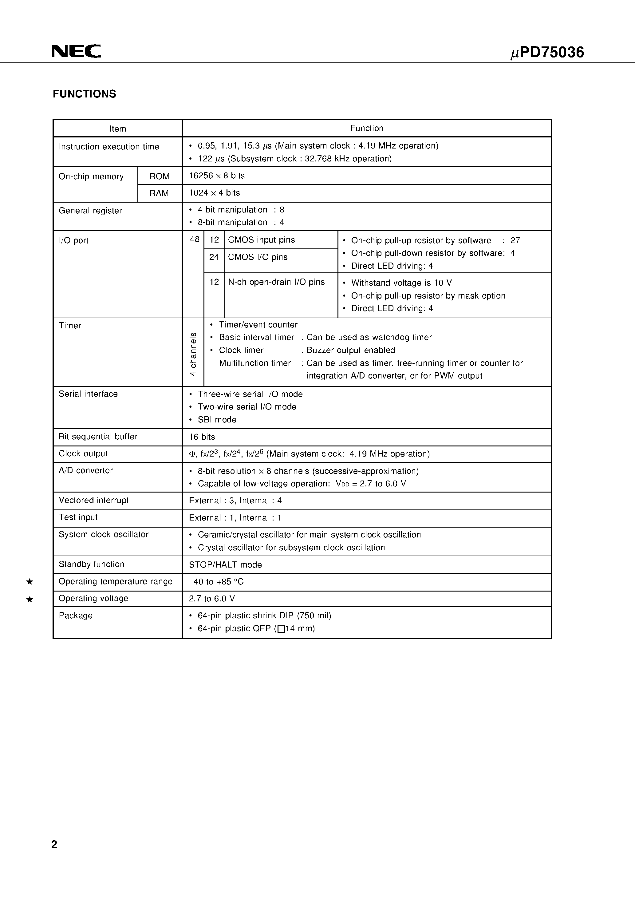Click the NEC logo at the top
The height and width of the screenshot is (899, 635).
76,51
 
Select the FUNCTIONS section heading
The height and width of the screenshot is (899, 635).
85,94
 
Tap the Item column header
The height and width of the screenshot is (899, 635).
117,129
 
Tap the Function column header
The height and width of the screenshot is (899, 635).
366,128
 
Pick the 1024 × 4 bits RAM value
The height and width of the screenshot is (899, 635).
214,193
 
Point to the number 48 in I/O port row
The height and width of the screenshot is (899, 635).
194,240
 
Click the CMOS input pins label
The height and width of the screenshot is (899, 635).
261,240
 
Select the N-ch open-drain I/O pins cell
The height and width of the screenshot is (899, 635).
276,282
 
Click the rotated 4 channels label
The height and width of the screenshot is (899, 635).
193,354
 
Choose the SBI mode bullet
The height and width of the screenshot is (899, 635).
217,420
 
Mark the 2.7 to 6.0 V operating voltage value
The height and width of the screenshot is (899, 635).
211,599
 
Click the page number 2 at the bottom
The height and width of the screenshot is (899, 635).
54,844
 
